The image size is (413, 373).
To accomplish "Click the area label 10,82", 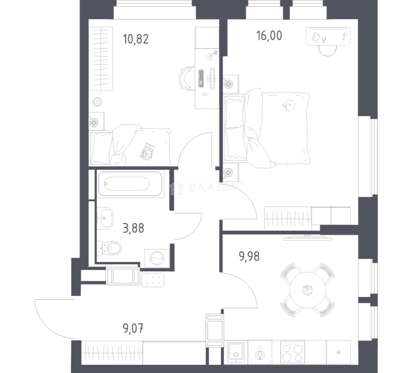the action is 136,39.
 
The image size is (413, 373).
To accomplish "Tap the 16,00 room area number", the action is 269,36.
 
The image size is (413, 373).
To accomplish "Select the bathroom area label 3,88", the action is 134,228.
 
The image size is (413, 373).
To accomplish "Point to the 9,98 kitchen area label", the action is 249,256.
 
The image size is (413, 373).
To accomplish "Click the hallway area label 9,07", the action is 133,328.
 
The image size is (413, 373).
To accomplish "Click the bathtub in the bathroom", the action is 130,184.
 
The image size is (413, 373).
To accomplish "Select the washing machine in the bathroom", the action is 157,258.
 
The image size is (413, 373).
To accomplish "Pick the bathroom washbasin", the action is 105,218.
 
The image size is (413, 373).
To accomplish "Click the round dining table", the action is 308,290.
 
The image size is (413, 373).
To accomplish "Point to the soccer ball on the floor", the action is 98,102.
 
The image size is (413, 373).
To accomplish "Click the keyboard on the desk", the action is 201,78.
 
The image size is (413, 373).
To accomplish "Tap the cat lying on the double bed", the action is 289,105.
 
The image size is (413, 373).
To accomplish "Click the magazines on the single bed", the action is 147,151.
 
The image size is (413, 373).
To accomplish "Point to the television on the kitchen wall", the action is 308,238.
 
